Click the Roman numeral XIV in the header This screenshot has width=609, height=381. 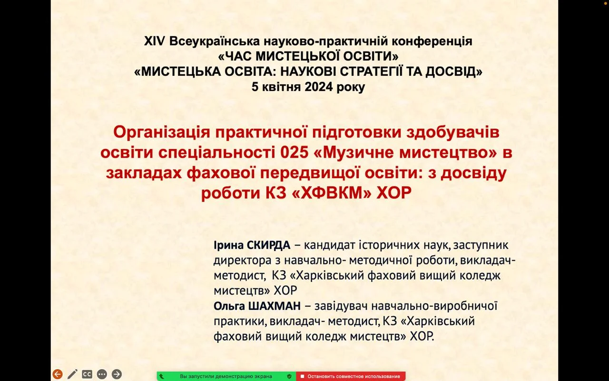point(155,41)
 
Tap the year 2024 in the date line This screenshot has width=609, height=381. point(319,87)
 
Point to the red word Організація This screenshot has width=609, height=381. point(162,133)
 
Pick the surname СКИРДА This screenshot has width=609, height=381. point(269,245)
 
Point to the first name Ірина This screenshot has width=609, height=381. point(229,245)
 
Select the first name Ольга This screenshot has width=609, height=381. point(229,306)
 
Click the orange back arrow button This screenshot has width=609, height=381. point(58,374)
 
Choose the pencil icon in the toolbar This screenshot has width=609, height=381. point(72,374)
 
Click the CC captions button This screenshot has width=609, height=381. point(87,374)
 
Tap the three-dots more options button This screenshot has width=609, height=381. point(102,374)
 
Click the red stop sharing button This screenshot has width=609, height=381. point(351,376)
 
